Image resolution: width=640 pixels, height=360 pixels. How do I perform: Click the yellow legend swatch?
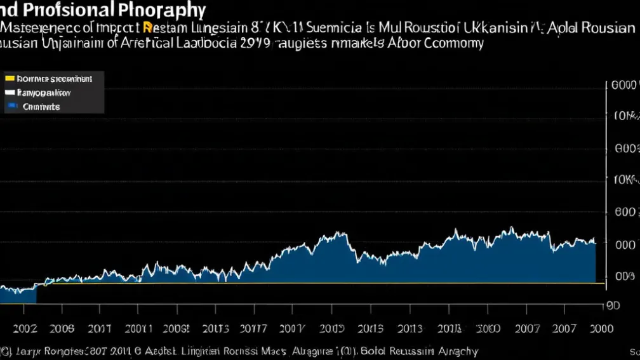[x=10, y=79]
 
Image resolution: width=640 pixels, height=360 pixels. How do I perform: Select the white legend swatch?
[x=10, y=93]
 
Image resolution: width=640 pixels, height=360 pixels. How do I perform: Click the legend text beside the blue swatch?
[x=41, y=107]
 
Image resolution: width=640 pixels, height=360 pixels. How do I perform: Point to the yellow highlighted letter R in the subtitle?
[x=148, y=28]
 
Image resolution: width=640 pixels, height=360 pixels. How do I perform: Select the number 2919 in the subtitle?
[x=255, y=43]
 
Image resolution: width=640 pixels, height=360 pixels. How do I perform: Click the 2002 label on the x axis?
[x=25, y=328]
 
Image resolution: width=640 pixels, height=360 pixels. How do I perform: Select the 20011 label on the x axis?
[x=138, y=328]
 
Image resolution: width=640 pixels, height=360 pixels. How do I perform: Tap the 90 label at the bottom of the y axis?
[x=613, y=305]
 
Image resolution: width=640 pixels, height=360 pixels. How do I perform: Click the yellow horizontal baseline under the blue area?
[x=317, y=283]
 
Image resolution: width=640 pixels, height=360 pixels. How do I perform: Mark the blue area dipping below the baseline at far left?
[x=18, y=293]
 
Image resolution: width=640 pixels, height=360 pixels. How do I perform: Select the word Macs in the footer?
[x=270, y=351]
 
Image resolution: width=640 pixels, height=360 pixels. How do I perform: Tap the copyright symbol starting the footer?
[x=4, y=351]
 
